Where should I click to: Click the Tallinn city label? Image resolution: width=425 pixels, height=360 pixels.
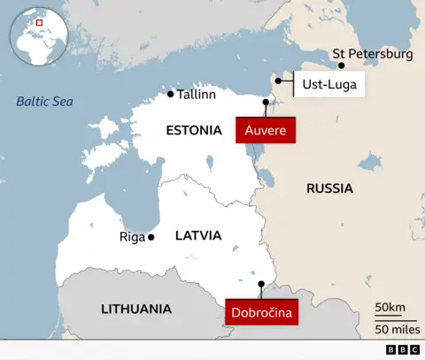point(197,95)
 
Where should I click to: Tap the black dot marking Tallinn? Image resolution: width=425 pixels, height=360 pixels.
point(171,94)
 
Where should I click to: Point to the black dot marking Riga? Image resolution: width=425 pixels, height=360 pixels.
point(151,237)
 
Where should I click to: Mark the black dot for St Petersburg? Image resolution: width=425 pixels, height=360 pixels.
point(341,65)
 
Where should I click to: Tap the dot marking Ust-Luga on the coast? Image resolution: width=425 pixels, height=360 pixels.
point(278,80)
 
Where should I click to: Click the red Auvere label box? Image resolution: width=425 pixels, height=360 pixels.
point(265,130)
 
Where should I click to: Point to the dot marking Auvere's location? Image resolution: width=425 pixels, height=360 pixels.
point(266,103)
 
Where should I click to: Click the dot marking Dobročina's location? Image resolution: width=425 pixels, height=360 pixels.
point(260,284)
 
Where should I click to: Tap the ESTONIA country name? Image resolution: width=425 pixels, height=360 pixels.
point(193,130)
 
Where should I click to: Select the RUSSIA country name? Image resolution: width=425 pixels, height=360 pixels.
point(329,188)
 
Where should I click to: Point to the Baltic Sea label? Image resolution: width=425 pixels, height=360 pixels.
point(44,102)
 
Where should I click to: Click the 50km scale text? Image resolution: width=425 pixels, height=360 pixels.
point(390,308)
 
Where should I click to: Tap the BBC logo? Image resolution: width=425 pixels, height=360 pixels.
point(403,350)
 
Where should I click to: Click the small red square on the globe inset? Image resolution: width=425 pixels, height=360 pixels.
point(38,22)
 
